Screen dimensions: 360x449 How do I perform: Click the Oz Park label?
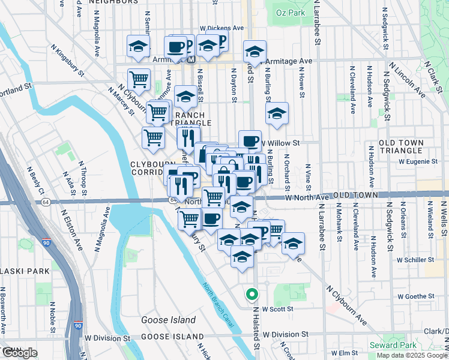tap(291, 12)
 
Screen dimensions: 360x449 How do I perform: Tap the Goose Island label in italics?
tap(168, 320)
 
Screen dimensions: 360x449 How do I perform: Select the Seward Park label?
tap(393, 345)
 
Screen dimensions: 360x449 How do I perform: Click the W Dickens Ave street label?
tap(221, 28)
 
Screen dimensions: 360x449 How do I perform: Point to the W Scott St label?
tap(279, 309)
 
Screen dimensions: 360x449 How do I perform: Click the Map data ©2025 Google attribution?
tap(411, 355)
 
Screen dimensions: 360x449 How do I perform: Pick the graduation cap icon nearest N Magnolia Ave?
tap(138, 46)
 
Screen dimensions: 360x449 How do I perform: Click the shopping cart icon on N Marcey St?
tap(139, 79)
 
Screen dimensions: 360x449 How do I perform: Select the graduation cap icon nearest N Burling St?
tap(277, 113)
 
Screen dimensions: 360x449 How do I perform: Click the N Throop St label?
tap(83, 174)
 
